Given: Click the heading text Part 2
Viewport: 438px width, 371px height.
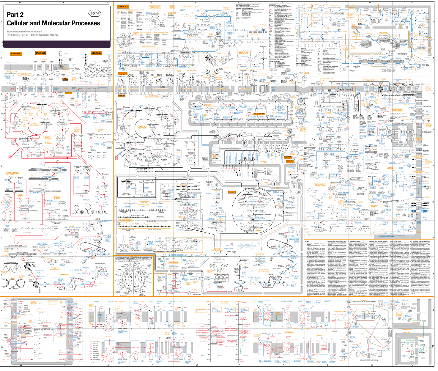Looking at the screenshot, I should tap(15, 15).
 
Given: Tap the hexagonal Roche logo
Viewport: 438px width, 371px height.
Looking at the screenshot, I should tap(95, 13).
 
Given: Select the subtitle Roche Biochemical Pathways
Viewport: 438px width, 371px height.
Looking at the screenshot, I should tap(24, 32).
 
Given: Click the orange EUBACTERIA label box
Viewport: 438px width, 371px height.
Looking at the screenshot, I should tap(16, 54).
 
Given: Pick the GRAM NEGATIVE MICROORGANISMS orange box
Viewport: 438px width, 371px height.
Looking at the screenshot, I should tap(40, 53).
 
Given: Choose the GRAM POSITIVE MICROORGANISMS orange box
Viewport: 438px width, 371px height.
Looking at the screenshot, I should tap(96, 53).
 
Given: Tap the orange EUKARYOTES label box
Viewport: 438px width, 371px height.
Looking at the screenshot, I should tap(123, 6).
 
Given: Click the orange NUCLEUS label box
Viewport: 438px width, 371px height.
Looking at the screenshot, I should tap(231, 192).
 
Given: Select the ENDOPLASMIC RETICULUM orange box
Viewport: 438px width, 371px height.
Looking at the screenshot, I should tap(287, 157).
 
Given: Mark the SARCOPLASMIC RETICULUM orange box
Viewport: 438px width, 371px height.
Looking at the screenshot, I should tap(290, 161).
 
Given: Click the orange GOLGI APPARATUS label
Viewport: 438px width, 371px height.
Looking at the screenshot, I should tap(259, 114).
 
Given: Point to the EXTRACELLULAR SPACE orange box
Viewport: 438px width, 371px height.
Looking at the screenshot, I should tap(122, 73).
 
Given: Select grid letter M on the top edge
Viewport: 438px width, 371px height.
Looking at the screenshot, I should tap(20, 2).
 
